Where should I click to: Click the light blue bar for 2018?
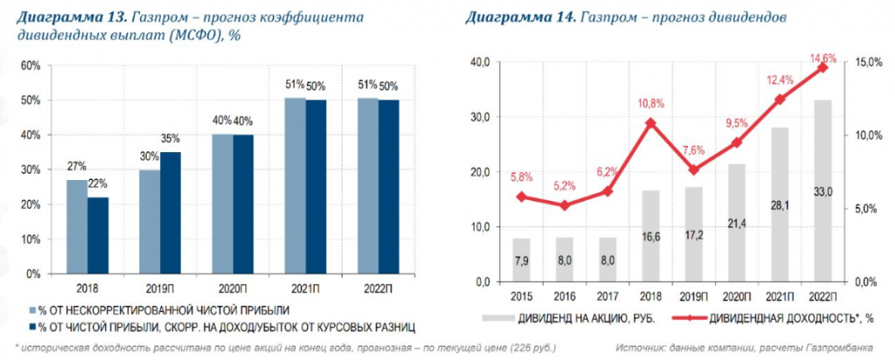point(77,227)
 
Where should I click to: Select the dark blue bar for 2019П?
point(170,213)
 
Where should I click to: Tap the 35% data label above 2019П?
point(170,138)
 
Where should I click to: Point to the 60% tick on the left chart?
point(31,66)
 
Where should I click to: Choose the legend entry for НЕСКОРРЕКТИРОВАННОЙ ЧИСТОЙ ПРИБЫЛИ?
point(158,309)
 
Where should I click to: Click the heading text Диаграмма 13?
point(71,17)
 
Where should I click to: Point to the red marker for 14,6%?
point(822,67)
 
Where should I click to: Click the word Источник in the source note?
point(636,347)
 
